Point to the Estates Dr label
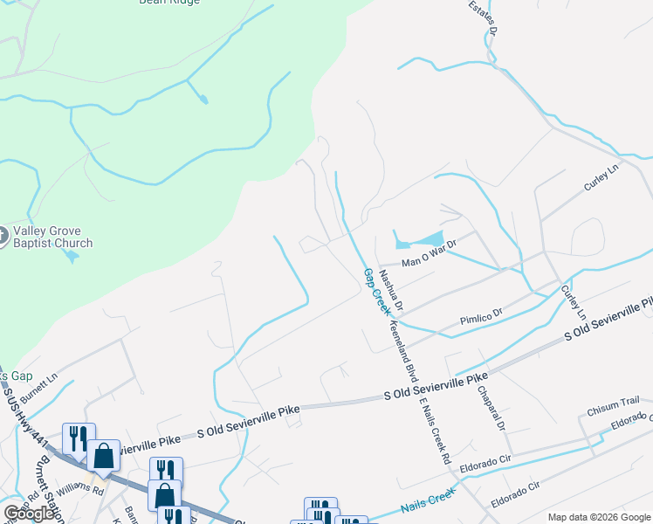click(x=483, y=17)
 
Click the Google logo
click(x=29, y=514)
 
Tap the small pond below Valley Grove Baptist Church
click(x=72, y=257)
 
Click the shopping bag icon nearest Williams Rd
click(x=104, y=456)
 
